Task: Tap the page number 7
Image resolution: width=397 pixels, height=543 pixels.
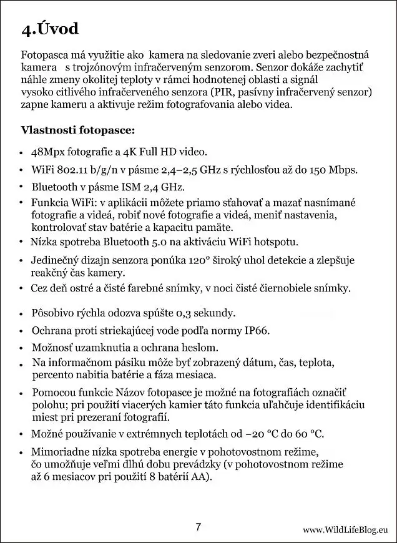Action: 198,526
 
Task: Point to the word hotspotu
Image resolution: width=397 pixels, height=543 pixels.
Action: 277,242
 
